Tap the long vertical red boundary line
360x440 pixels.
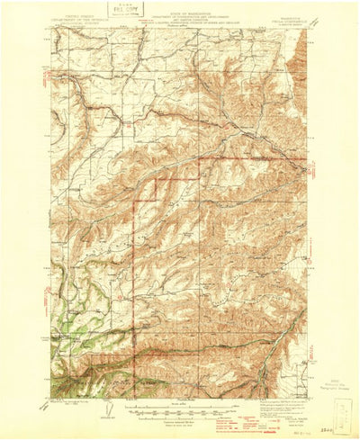(x=134, y=270)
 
